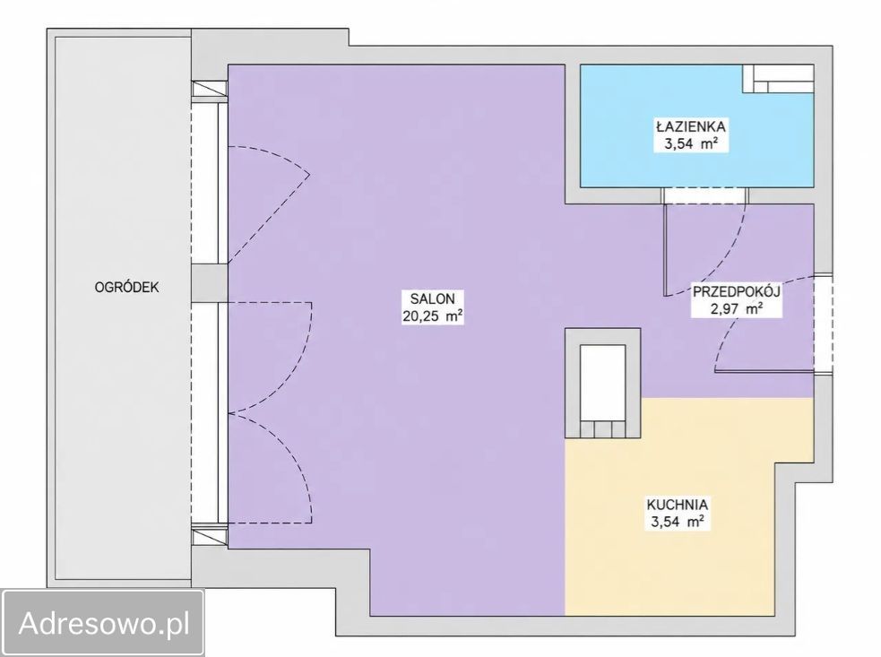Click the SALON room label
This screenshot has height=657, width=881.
coord(433,298)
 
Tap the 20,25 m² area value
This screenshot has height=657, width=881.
coord(433,316)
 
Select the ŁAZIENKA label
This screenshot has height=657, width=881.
coord(691,125)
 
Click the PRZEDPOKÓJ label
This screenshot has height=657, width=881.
coord(737,291)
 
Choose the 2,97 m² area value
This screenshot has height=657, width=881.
coord(737,308)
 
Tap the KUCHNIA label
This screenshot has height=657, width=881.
coord(677,504)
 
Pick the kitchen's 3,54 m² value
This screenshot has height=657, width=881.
coord(677,522)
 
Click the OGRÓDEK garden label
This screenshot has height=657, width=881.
coord(127,287)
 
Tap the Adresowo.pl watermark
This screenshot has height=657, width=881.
coord(104,624)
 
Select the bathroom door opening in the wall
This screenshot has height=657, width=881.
coord(705,195)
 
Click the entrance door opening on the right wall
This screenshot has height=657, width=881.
coord(823,324)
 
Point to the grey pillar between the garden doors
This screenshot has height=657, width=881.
coord(209,283)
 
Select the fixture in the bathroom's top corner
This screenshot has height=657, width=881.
coord(778,79)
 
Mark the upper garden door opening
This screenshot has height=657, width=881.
coord(209,181)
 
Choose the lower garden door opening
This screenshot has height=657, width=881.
coord(209,413)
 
